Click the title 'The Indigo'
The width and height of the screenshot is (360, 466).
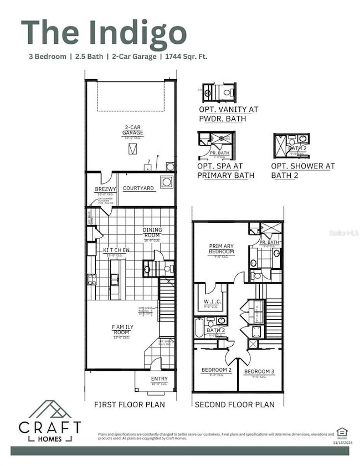[104, 33]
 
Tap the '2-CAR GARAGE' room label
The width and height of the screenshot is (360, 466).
[132, 130]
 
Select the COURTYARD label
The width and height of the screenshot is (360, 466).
[138, 188]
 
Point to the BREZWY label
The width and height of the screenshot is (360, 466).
[105, 189]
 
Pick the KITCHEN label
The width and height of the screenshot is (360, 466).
[116, 250]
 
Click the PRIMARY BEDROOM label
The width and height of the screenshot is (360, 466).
[222, 248]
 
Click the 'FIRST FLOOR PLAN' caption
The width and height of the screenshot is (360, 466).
[129, 404]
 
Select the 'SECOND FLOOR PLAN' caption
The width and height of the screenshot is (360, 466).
[234, 404]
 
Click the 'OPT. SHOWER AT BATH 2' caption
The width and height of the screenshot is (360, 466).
[302, 171]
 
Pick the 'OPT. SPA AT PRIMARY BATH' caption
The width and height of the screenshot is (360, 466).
[225, 171]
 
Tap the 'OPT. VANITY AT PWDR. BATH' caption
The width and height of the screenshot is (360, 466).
[228, 114]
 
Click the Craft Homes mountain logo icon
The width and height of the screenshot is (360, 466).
[50, 411]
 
